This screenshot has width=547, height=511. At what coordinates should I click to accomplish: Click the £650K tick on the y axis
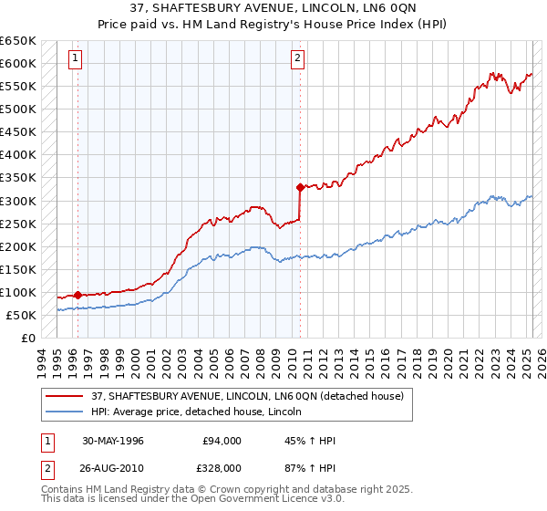click(x=18, y=41)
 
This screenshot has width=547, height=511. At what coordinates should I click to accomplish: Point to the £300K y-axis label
click(x=18, y=201)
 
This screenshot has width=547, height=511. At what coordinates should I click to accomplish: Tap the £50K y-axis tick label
click(x=22, y=315)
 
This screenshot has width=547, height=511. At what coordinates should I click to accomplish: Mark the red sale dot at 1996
click(x=78, y=295)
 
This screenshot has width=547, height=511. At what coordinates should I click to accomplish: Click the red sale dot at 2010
click(x=300, y=188)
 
